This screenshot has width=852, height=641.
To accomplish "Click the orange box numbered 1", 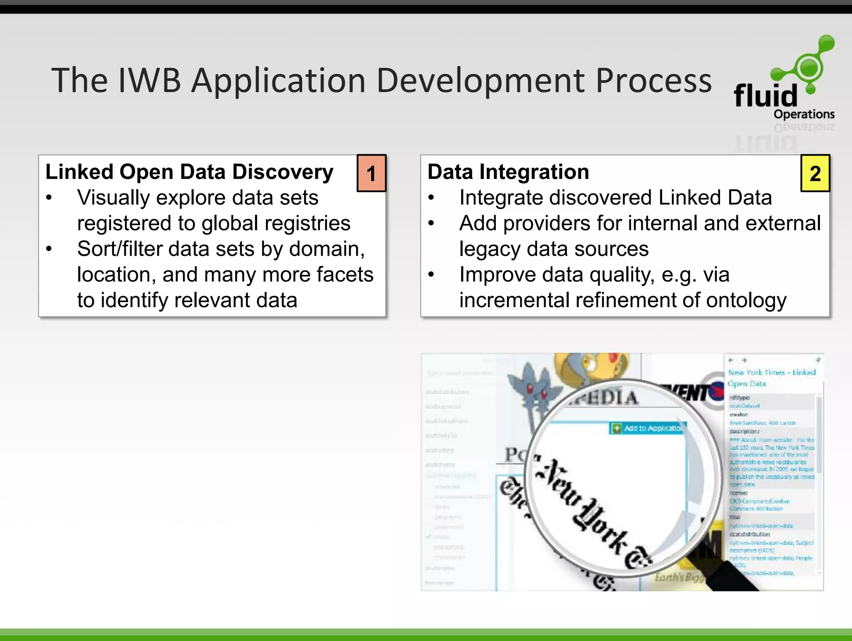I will pos(372,173).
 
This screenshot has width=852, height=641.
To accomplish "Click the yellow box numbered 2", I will pos(815,173).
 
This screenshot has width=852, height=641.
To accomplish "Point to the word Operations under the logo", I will pos(804,114).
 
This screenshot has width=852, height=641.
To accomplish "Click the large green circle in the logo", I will pos(808,67).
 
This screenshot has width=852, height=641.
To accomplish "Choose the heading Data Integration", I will pos(508,172).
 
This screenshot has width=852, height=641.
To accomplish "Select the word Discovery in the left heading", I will pos(282,172).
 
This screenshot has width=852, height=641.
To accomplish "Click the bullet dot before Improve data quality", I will pos(431,274).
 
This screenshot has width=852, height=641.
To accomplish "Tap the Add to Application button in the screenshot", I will pos(647,428).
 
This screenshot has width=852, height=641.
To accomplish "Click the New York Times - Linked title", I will pos(772,373).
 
